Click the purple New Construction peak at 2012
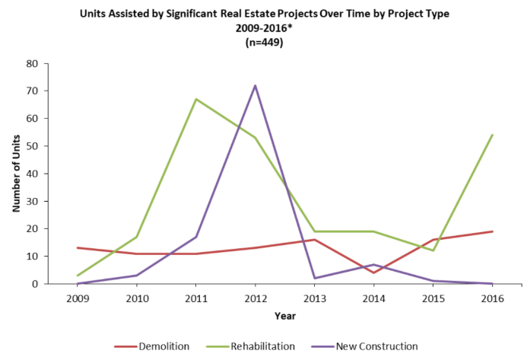pos(255,85)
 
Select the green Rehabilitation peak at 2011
pos(195,99)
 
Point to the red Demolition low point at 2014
pos(374,272)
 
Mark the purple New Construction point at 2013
pos(314,279)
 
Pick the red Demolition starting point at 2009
pos(77,248)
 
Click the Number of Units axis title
pos(16,174)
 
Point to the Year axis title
pos(285,314)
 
